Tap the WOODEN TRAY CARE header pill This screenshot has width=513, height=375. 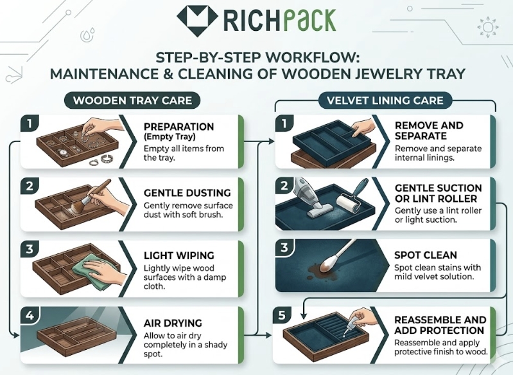[x=133, y=101]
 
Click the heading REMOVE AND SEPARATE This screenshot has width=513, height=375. [x=428, y=131]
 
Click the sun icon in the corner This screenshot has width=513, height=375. [x=487, y=28]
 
